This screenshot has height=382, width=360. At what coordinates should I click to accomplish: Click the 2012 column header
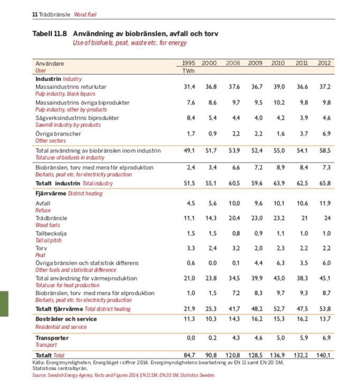pyautogui.click(x=324, y=63)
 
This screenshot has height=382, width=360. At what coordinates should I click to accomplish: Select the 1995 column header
pyautogui.click(x=188, y=63)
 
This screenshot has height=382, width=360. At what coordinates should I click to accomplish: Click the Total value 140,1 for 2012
pyautogui.click(x=324, y=356)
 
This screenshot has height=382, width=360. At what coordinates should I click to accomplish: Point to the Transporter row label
pyautogui.click(x=52, y=338)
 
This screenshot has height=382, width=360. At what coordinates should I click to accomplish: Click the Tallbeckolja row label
pyautogui.click(x=51, y=233)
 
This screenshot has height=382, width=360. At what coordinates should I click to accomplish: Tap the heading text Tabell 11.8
pyautogui.click(x=50, y=34)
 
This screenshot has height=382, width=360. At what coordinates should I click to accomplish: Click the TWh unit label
pyautogui.click(x=188, y=70)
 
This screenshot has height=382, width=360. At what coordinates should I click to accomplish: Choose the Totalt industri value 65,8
pyautogui.click(x=324, y=183)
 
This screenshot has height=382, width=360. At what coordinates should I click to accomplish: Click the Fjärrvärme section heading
pyautogui.click(x=51, y=193)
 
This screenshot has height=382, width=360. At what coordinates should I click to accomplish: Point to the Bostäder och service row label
pyautogui.click(x=66, y=319)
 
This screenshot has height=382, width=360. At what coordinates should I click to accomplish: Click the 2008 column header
pyautogui.click(x=233, y=63)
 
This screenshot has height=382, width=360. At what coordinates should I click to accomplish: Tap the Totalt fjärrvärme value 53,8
pyautogui.click(x=324, y=309)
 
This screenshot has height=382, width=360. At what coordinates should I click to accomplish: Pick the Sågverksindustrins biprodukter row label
pyautogui.click(x=77, y=118)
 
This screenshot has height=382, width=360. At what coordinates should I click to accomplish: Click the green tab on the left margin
pyautogui.click(x=4, y=303)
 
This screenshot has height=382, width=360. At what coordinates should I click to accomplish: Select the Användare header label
pyautogui.click(x=50, y=63)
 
